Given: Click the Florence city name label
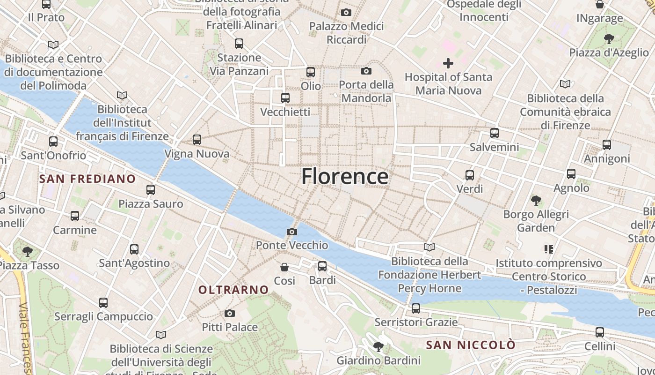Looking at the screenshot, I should coord(345,176).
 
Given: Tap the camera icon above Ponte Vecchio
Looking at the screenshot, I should coord(292,232).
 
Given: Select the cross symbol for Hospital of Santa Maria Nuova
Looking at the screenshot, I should coord(448,63).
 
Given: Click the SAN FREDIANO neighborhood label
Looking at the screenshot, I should coord(87,179).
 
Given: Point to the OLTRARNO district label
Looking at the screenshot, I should coord(233,290).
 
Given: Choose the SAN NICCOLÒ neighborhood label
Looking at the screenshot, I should coord(471,345).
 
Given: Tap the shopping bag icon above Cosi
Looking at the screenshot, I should coord(284,267).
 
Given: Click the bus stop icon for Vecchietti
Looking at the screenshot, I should coord(285,98).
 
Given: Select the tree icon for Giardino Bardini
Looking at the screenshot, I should coord(378,347).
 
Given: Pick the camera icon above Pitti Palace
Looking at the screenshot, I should coord(230,313).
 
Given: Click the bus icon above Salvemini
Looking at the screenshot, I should coord(495,133).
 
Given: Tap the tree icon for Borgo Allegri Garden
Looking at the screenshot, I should coord(536,201).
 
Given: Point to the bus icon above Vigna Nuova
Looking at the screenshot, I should coord(197,140).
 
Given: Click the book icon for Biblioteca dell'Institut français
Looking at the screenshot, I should coord(122,95).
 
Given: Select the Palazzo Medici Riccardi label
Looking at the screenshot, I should coord(346,33).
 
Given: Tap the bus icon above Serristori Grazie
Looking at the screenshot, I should coord(416,308).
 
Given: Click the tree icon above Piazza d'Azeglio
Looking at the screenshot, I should coord(609,38).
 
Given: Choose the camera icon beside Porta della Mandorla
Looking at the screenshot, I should coord(366,71).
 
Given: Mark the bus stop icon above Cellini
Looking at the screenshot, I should coord(600,333).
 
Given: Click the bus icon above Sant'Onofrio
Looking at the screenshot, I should coord(53,142).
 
